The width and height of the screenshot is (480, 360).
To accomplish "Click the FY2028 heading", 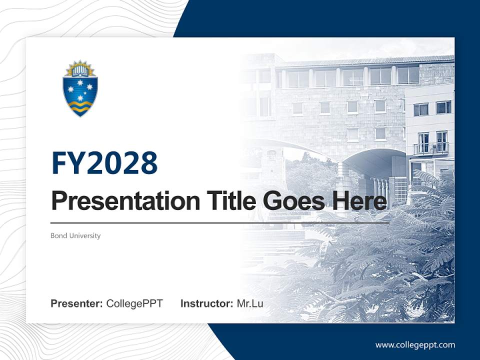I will click(104, 163).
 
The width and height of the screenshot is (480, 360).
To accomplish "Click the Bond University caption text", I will click(75, 235).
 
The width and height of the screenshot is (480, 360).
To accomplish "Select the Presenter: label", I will click(76, 303).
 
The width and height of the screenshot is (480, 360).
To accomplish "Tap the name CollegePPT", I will click(134, 303).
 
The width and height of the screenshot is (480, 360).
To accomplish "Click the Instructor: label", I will click(206, 303).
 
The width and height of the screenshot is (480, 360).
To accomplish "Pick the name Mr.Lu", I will click(249, 303).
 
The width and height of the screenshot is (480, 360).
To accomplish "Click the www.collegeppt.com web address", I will click(415, 345).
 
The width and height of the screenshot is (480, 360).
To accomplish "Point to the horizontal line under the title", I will click(220, 223).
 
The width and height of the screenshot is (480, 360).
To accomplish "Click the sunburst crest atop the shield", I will click(80, 68).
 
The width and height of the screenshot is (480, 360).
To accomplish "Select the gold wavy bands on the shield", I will click(80, 104).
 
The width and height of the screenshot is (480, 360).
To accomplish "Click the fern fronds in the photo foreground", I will click(390, 260).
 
